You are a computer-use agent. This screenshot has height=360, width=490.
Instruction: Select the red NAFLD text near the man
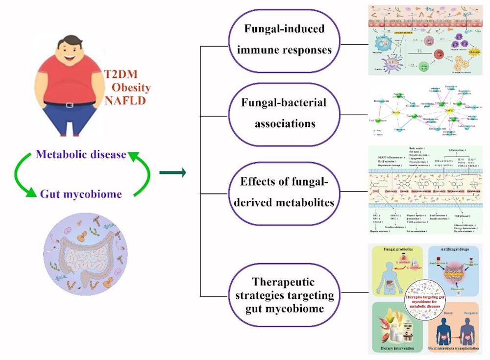point(121,101)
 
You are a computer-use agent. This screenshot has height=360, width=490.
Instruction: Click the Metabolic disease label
point(82,155)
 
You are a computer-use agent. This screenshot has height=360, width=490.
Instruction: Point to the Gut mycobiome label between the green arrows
point(82,194)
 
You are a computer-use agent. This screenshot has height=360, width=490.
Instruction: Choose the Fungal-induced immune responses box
point(285,39)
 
